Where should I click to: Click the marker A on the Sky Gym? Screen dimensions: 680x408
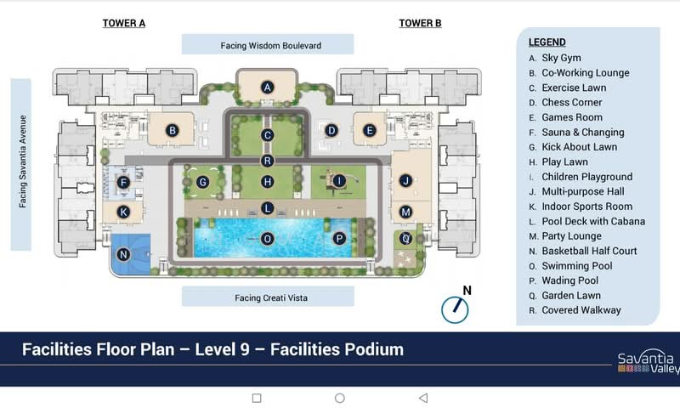pos(268,88)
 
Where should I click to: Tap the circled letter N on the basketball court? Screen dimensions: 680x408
pos(123,254)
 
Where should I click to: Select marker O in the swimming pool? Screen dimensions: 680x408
pos(268,239)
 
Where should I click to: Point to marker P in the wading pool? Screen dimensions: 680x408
pos(339,238)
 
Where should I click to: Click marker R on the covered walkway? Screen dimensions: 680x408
pos(268,161)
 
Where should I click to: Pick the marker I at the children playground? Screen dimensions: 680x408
pos(339,181)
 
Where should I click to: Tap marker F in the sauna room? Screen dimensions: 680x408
pos(123,183)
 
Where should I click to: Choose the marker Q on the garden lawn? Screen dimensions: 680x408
pos(406,238)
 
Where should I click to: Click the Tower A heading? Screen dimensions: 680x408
pos(124,24)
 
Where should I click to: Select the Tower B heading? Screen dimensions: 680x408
pos(420,24)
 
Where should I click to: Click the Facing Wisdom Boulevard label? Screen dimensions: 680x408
pos(271,46)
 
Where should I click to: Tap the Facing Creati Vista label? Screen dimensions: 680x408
pos(271,297)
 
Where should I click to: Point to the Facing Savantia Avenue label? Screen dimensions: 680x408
pos(23,161)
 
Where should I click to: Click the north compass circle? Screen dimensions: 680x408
pos(455,310)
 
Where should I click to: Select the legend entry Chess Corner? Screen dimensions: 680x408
pos(571,102)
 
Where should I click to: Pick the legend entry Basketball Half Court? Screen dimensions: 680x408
pos(589,251)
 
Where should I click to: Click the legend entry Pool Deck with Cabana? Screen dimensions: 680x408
pos(593,221)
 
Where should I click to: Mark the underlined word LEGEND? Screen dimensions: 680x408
pos(547,42)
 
